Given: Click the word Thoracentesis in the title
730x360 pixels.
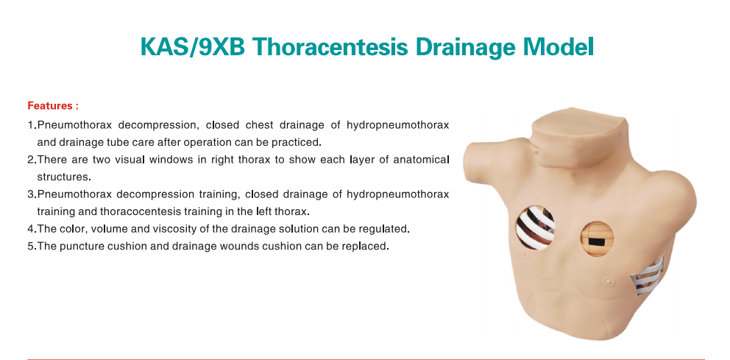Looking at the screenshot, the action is coord(331,46).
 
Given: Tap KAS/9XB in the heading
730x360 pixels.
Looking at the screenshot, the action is coord(193,46).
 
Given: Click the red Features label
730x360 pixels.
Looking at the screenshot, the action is coord(52,106).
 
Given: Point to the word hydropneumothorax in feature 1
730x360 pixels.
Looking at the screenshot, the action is coord(397,125).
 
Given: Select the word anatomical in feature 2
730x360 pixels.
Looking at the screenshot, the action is coord(421,160).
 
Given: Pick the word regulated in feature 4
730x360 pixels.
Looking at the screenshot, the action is coord(386,229).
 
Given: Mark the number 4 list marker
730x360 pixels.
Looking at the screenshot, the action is coord(31,229).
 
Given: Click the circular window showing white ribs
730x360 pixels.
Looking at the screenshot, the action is coord(536,227).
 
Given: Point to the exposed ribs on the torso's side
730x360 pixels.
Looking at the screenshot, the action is coord(646,277).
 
